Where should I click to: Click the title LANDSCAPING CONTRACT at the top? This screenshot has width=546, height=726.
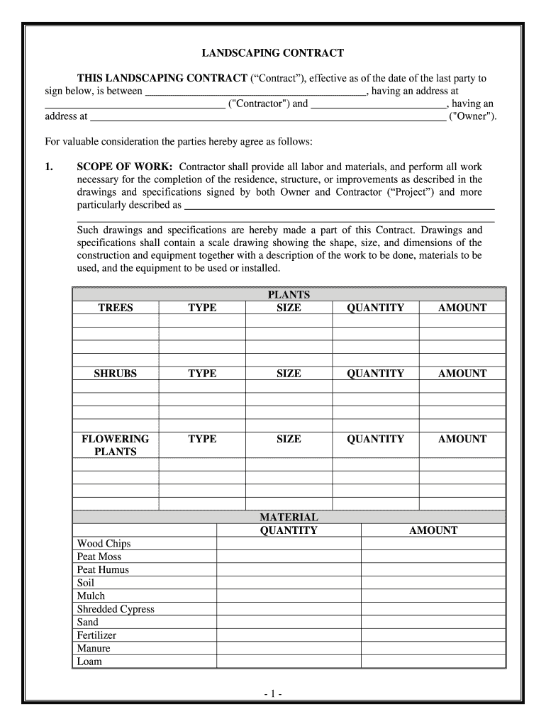point(273,53)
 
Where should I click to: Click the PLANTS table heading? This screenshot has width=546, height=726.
point(289,295)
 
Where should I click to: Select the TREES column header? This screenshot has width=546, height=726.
point(116,308)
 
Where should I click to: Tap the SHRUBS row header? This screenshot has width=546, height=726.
point(116,374)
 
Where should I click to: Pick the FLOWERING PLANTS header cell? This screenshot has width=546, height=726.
point(116,445)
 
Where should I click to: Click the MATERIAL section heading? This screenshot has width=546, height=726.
point(289,518)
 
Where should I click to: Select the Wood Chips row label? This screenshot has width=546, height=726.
point(104,544)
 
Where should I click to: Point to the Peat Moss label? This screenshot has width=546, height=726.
point(99,557)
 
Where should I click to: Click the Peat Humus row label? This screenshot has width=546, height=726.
point(104,569)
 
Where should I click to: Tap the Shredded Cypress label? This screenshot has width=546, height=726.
point(116,609)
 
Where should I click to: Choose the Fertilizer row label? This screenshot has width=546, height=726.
point(96,635)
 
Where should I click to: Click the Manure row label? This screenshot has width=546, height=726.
point(94,648)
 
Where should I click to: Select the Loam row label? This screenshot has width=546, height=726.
point(89,661)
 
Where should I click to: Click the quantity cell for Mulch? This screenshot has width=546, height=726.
point(289,596)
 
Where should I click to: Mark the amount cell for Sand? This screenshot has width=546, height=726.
point(433,622)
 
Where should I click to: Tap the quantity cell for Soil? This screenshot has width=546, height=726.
point(289,583)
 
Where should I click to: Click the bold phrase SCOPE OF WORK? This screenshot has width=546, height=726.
point(125,167)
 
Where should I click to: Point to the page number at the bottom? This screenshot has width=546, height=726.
point(273,691)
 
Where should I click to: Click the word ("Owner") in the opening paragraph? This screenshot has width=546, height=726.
point(473,116)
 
